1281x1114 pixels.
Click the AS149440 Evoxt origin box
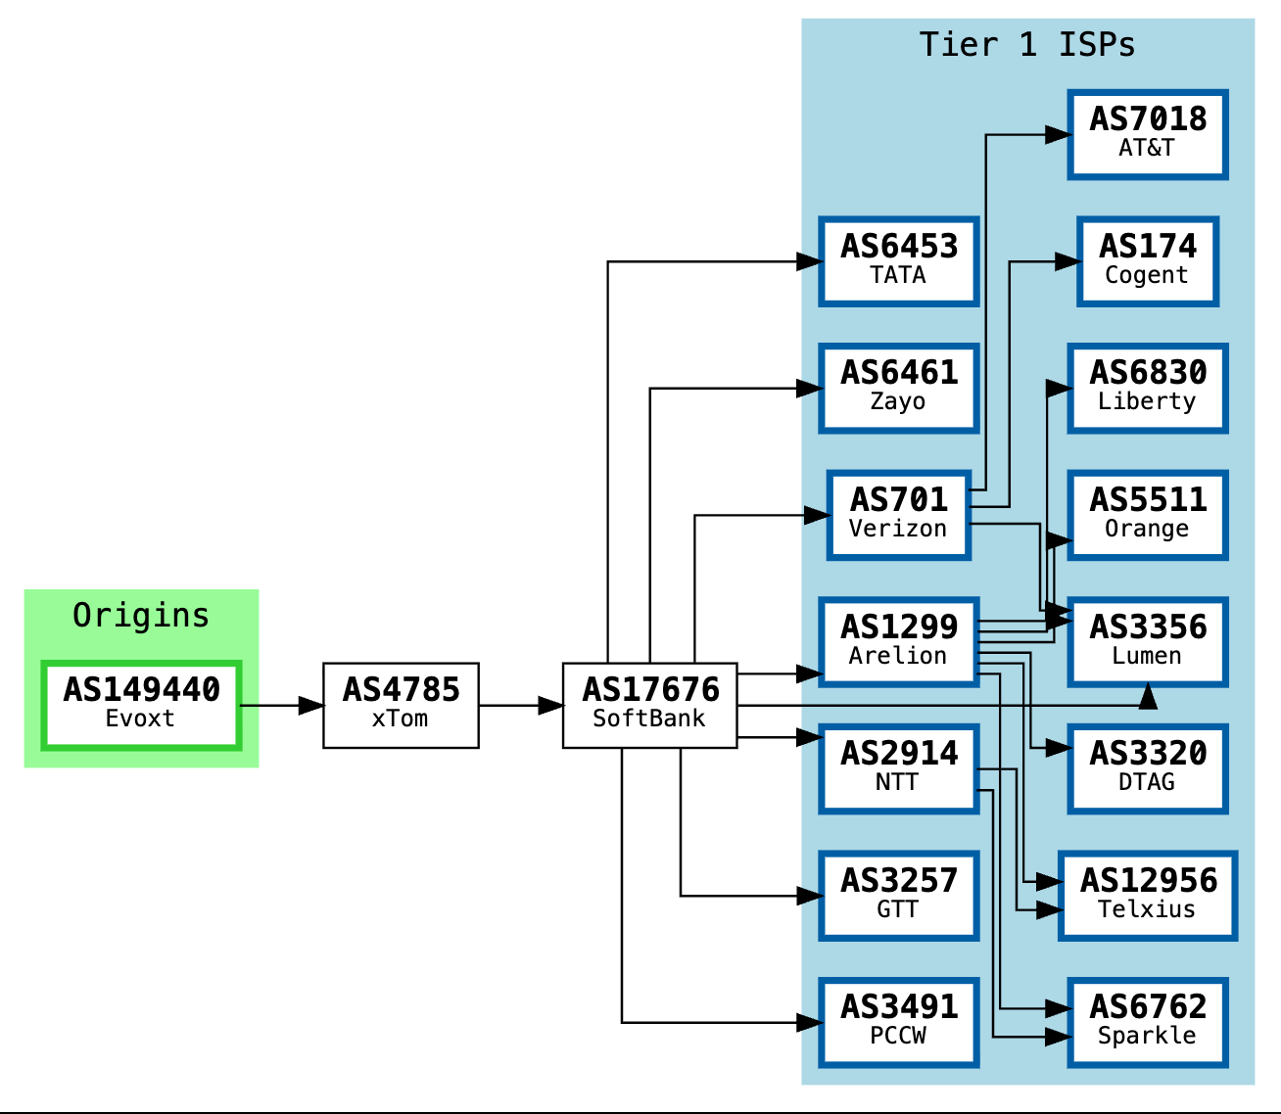click(141, 706)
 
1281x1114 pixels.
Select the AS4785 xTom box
click(402, 706)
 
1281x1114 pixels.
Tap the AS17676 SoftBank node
click(650, 706)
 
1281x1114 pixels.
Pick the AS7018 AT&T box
click(1148, 134)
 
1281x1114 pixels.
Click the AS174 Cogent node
click(1148, 261)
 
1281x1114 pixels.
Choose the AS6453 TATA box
click(898, 261)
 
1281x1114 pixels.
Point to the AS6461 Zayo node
click(898, 388)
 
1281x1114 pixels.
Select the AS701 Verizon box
click(898, 515)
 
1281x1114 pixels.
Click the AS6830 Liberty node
click(1148, 388)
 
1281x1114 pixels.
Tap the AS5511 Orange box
click(1148, 515)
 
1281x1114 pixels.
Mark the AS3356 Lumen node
click(1148, 642)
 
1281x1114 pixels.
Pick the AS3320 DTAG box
click(1148, 768)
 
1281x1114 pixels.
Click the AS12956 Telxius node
click(1148, 896)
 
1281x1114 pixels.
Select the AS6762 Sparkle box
click(1148, 1023)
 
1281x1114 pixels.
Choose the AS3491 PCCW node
click(898, 1023)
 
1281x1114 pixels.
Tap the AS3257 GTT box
click(898, 896)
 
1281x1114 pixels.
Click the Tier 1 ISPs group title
click(1026, 45)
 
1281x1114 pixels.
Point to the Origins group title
click(141, 615)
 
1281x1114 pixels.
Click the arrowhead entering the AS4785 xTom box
click(311, 706)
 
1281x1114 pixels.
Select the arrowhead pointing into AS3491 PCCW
click(809, 1023)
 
